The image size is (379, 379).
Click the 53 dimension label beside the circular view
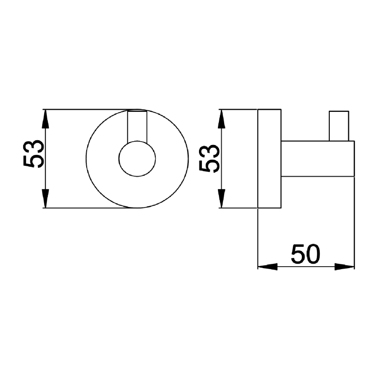pos(34,153)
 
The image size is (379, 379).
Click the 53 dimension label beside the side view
pos(209,158)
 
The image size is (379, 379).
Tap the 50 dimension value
pos(306,254)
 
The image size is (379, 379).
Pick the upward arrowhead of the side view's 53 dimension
pos(222,119)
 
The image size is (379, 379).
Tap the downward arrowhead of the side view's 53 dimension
pos(222,198)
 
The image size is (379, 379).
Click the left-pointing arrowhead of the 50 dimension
pos(268,267)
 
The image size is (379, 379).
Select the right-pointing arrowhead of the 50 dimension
pos(344,267)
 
